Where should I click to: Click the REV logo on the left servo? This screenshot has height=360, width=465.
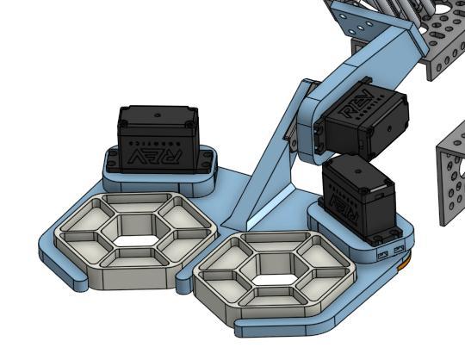point(158,156)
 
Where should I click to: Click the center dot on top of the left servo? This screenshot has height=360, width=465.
point(157,113)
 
